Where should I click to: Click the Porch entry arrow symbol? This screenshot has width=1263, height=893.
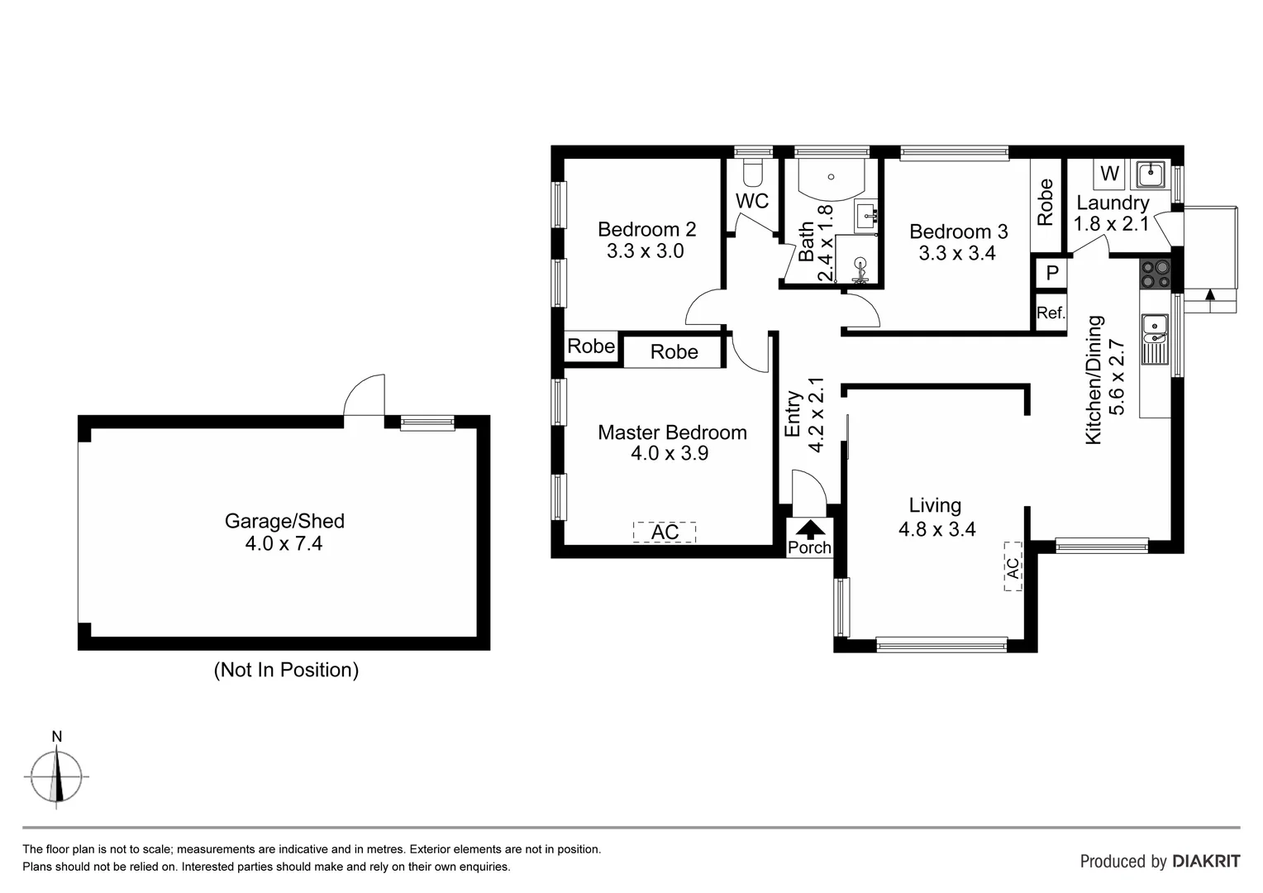coord(810,528)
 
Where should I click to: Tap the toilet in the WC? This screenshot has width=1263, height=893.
coord(752,173)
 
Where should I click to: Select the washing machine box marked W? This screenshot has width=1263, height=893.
coord(1109,174)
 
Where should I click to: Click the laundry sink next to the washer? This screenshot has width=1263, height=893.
coord(1150,174)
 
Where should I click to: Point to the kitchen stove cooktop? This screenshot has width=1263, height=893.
coord(1155,275)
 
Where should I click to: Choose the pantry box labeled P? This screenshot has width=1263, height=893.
coord(1051,273)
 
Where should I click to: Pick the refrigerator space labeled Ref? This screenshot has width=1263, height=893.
coord(1051,313)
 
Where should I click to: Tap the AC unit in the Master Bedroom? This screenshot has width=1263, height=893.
coord(665,532)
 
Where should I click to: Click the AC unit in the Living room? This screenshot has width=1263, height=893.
coord(1013,566)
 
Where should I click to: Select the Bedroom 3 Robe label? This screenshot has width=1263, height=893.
coord(1046,203)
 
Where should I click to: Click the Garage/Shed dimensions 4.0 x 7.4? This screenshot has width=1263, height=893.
coord(284,543)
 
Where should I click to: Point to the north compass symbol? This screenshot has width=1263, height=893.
coord(56,776)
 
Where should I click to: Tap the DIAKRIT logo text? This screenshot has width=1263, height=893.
coord(1206,861)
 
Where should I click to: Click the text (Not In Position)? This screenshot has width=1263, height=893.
coord(286,670)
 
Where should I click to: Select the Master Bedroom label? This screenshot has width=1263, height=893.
coord(672,432)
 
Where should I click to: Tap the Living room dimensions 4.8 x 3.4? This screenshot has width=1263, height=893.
coord(937,529)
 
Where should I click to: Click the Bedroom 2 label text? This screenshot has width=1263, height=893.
coord(646,229)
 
